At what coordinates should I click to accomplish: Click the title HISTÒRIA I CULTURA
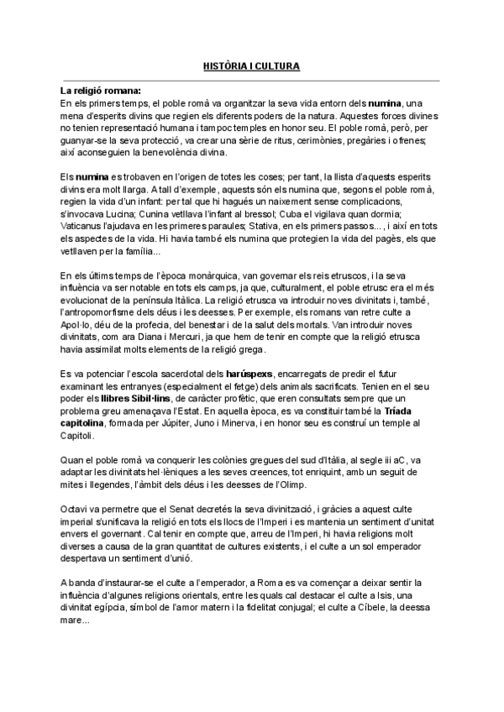click(251, 65)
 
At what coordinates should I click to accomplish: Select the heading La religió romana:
click(101, 90)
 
